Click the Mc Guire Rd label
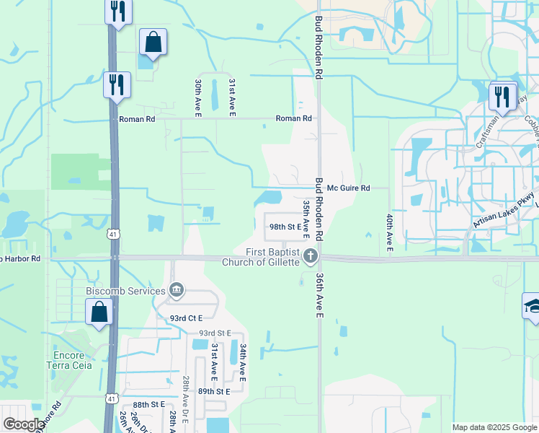tap(348, 188)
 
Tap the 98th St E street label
tap(285, 226)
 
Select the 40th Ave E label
tap(389, 232)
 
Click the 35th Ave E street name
tap(306, 220)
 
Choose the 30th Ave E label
tap(197, 96)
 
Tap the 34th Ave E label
tap(244, 362)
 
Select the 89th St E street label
tap(214, 391)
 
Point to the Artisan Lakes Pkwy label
tap(504, 210)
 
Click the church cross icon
tap(310, 255)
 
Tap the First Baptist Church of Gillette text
tap(272, 256)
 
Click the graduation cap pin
tap(533, 305)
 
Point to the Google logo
tap(24, 424)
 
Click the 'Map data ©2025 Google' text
tap(494, 427)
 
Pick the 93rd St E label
tap(215, 333)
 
